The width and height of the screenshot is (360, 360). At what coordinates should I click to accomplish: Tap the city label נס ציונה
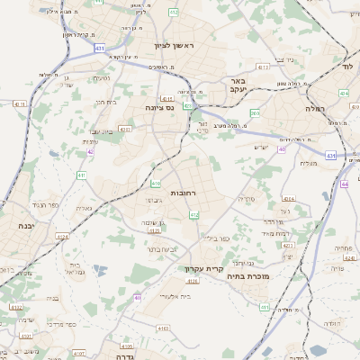pyautogui.click(x=159, y=106)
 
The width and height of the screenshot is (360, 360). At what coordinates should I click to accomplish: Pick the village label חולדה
pyautogui.click(x=333, y=321)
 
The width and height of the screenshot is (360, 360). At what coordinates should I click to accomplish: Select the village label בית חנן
pyautogui.click(x=105, y=102)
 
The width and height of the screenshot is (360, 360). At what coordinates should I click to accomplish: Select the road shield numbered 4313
pyautogui.click(x=263, y=67)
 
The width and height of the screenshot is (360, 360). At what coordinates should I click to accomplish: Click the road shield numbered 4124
pyautogui.click(x=62, y=237)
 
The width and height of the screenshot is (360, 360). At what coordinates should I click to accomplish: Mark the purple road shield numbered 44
pyautogui.click(x=346, y=184)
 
